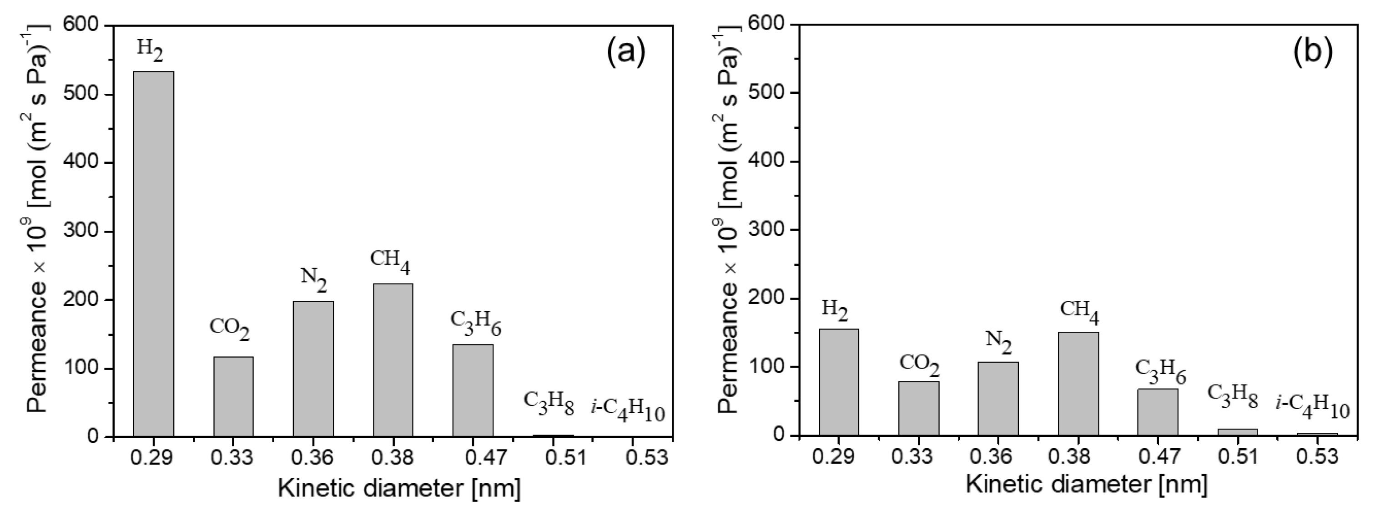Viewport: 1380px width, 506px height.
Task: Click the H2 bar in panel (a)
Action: point(154,253)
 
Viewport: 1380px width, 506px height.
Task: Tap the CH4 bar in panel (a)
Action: point(393,359)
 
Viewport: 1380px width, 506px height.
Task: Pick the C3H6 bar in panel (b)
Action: point(1158,412)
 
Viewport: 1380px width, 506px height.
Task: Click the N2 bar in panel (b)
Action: point(998,398)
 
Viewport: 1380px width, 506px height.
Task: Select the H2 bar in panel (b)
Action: point(839,382)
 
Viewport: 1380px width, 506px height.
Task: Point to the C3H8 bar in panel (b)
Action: point(1238,432)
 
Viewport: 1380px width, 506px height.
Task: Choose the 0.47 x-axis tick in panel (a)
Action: point(473,457)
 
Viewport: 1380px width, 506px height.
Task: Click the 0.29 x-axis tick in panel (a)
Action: point(154,457)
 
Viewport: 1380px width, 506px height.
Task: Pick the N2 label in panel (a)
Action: point(314,279)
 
